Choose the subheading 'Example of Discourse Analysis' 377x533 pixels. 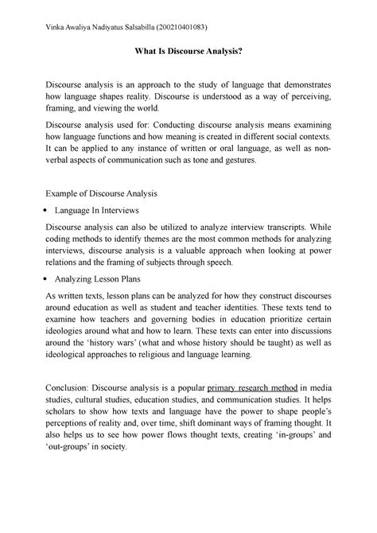tap(100, 193)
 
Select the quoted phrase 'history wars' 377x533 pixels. tap(131, 340)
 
